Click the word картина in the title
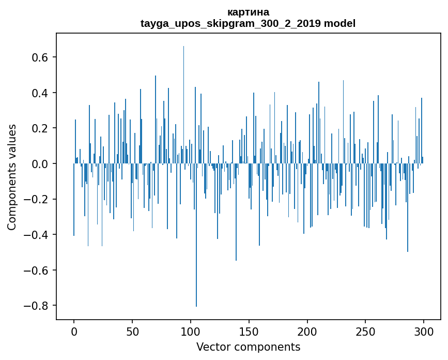[x=248, y=12]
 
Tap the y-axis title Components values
[x=11, y=177]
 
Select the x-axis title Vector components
[x=248, y=347]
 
